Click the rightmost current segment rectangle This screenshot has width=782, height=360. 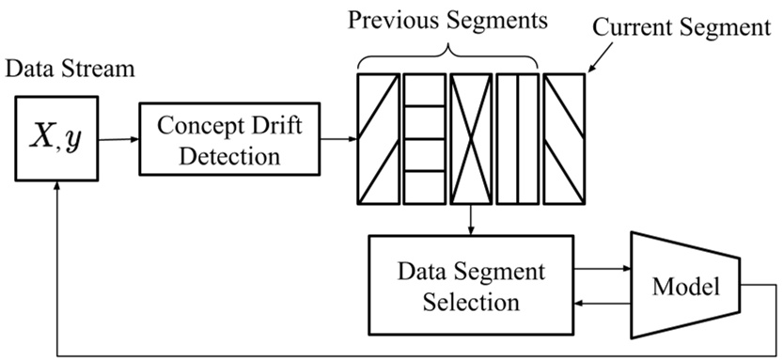pyautogui.click(x=563, y=139)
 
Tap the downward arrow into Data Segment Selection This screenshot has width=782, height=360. pyautogui.click(x=469, y=220)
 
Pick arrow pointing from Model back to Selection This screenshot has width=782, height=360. pyautogui.click(x=601, y=303)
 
